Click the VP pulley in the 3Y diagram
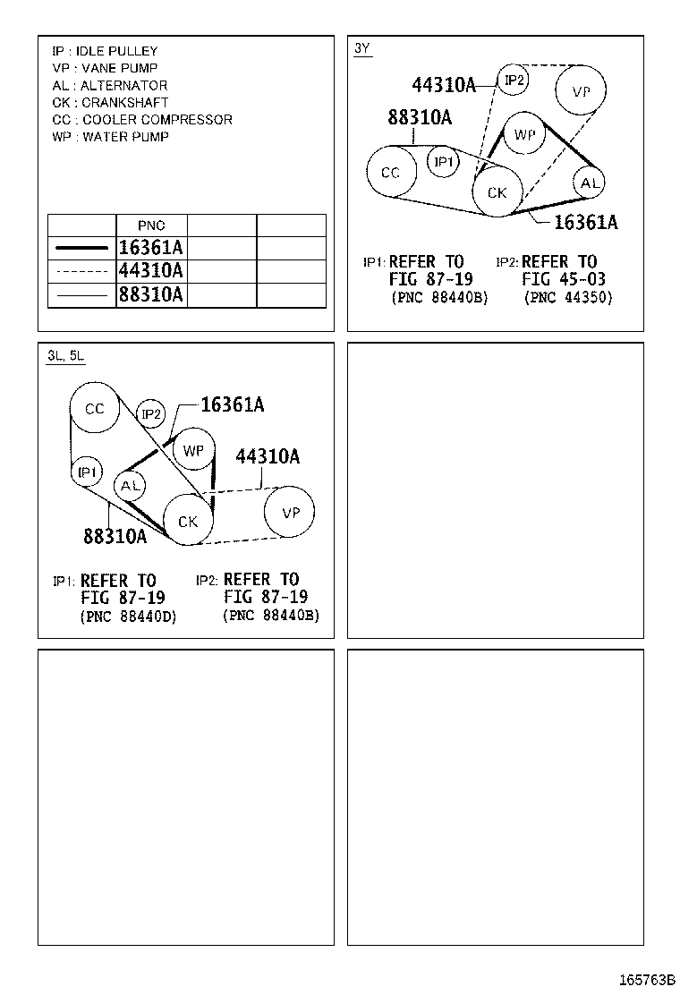[580, 90]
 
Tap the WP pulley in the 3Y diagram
[524, 135]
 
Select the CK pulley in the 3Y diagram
[497, 192]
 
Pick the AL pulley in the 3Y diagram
[589, 183]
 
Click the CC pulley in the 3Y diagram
[391, 173]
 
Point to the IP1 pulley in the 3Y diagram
[444, 162]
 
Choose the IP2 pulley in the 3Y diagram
[514, 81]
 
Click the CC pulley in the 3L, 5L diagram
[95, 409]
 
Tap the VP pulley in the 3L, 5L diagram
[290, 513]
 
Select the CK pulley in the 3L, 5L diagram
[188, 521]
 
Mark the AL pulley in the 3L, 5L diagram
[132, 485]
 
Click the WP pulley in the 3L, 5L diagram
[193, 451]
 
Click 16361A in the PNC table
[150, 248]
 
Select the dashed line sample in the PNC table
[81, 271]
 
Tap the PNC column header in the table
[151, 225]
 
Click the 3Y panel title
[361, 48]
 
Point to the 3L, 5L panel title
[65, 355]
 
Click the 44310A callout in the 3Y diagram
[444, 85]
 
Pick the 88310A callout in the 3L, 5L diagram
[115, 536]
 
